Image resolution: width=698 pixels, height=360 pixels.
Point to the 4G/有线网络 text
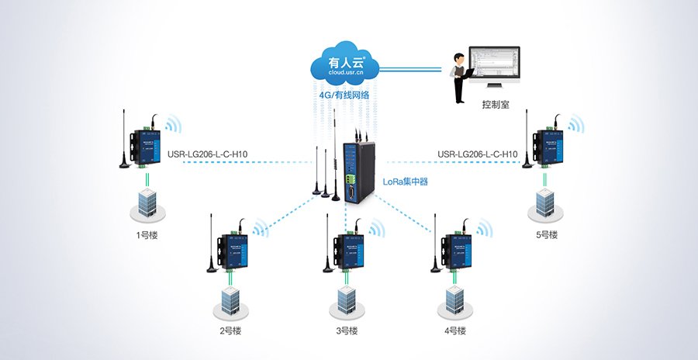click(x=344, y=95)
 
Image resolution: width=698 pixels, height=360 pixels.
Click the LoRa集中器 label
click(x=406, y=182)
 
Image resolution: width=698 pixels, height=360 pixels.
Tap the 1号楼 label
click(x=147, y=234)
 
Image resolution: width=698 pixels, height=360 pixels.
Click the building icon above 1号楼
click(x=146, y=203)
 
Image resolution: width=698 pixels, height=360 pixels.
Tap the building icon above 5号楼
click(x=544, y=203)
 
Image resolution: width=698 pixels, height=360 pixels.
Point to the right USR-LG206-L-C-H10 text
click(x=477, y=154)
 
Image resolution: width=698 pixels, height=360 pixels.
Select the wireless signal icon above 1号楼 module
click(x=171, y=125)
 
